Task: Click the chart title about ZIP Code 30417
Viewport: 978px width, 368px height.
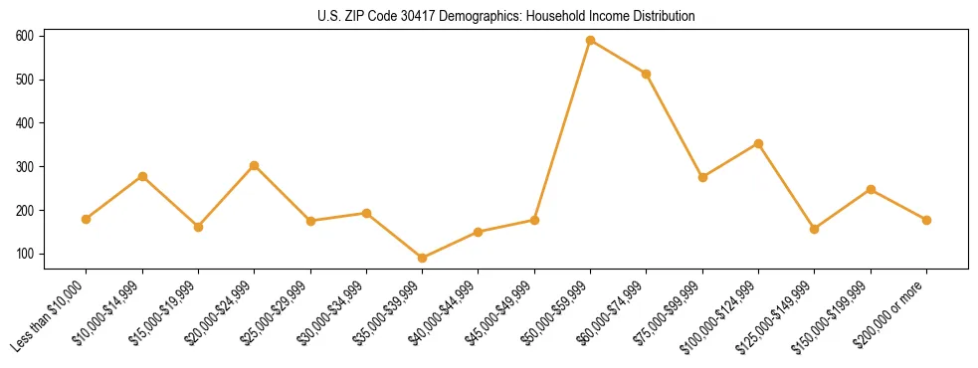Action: (x=506, y=16)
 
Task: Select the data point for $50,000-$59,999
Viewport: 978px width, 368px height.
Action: (x=590, y=40)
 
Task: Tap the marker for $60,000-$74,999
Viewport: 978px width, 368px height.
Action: (x=647, y=74)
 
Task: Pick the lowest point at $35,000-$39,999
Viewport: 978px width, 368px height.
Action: (x=422, y=258)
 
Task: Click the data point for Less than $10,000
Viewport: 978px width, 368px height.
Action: (x=87, y=219)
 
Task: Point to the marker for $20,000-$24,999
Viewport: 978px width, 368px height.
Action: (x=254, y=165)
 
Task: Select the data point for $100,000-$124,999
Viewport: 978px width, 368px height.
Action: (x=758, y=143)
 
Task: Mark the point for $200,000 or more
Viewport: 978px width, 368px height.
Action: (x=926, y=220)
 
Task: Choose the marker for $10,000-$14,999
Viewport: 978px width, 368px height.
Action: (x=142, y=176)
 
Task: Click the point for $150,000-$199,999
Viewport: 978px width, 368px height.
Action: (x=871, y=189)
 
